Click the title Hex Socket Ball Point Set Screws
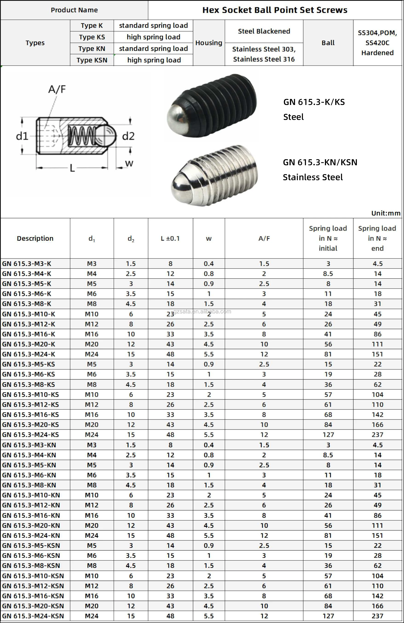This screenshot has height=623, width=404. (275, 10)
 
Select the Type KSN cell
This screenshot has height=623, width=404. (92, 60)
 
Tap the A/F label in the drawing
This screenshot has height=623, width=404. (57, 90)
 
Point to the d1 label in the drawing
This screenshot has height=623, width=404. (22, 136)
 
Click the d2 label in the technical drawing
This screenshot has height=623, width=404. (128, 136)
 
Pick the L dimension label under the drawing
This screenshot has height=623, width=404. (72, 168)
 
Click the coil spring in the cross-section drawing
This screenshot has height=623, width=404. (82, 136)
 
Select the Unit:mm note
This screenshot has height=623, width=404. (386, 213)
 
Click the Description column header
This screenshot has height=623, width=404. (35, 238)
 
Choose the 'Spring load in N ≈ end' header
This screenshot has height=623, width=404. (377, 238)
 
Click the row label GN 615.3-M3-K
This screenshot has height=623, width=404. (27, 264)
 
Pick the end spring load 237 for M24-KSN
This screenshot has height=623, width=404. (377, 616)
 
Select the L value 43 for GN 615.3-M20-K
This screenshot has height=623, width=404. (170, 344)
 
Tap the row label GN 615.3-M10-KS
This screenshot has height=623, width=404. (30, 394)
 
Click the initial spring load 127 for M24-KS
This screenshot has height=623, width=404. (328, 435)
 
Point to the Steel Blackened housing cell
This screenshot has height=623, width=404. (264, 31)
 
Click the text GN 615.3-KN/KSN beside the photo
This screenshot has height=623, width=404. (320, 162)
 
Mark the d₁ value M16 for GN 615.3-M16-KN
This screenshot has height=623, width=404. (92, 516)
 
